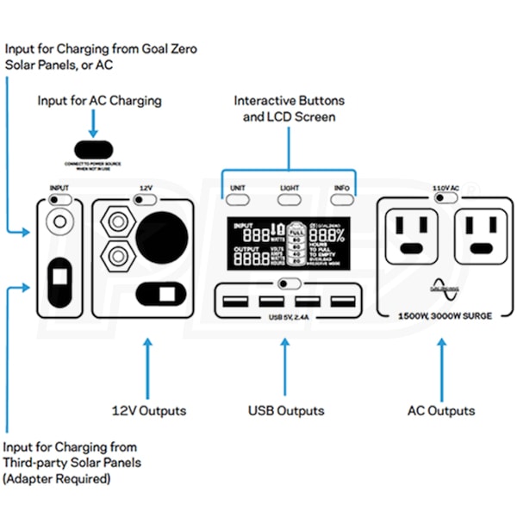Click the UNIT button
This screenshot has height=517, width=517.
click(x=239, y=199)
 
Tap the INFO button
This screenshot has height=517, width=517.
click(x=343, y=199)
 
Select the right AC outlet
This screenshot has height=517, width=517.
click(x=479, y=234)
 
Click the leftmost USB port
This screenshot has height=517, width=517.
click(x=234, y=302)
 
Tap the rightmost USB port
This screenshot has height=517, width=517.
click(x=343, y=302)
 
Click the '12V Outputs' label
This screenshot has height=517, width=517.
click(x=149, y=410)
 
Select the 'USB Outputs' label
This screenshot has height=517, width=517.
click(x=286, y=410)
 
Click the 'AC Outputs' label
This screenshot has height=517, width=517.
click(x=441, y=410)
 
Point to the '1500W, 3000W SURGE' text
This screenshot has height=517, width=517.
click(x=445, y=316)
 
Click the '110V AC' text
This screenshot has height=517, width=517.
click(x=445, y=187)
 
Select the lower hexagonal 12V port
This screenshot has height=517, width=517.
click(x=114, y=257)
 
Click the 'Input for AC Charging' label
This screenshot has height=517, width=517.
click(x=99, y=101)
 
